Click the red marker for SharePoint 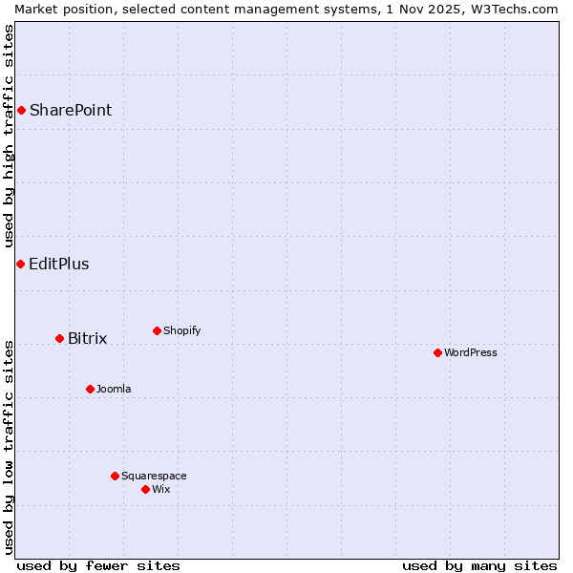[21, 110]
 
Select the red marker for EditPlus [20, 264]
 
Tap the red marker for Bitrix [59, 338]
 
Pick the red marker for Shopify [157, 330]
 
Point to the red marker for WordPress [437, 352]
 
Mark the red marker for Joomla [90, 389]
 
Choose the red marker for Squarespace [115, 476]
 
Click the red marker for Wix [145, 489]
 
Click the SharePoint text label [71, 110]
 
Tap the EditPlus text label [59, 264]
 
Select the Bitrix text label [88, 338]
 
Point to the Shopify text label [182, 330]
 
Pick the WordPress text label [471, 352]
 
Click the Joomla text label [114, 389]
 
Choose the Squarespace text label [154, 476]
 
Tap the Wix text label [161, 489]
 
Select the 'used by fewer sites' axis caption [98, 565]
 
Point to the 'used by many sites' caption [479, 565]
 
